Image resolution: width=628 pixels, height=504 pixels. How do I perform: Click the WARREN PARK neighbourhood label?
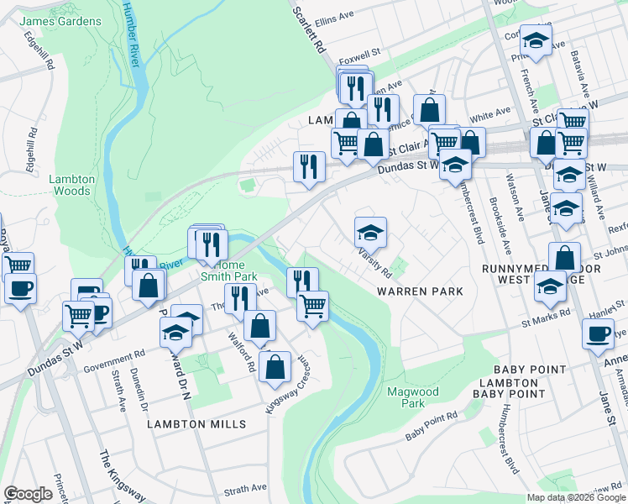click(420, 291)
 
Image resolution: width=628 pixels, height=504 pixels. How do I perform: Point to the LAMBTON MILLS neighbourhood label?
click(196, 424)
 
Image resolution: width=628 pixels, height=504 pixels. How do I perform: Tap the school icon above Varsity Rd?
click(370, 231)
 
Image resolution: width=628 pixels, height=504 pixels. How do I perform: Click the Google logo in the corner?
click(29, 494)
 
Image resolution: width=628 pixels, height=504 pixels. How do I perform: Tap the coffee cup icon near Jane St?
click(599, 333)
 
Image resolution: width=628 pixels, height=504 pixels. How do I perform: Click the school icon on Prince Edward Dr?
click(175, 333)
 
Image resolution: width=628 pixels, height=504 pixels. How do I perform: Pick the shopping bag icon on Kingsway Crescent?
click(275, 365)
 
